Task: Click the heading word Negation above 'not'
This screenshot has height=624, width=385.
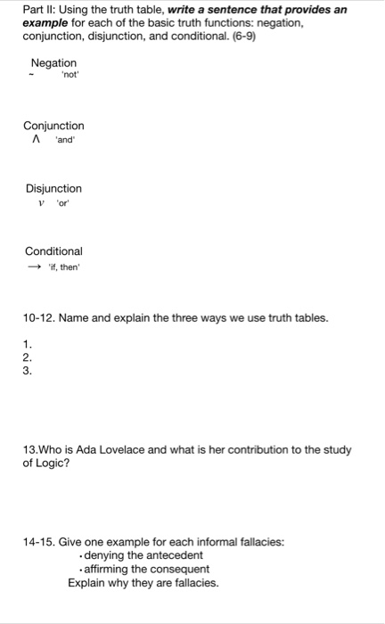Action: pyautogui.click(x=53, y=62)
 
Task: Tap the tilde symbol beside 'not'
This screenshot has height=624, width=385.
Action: pyautogui.click(x=32, y=76)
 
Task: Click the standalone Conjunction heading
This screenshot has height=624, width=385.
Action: pyautogui.click(x=53, y=126)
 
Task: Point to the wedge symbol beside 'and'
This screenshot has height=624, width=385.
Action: pyautogui.click(x=37, y=139)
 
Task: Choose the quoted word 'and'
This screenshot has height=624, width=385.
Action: pyautogui.click(x=65, y=139)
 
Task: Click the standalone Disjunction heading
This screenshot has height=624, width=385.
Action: pyautogui.click(x=53, y=188)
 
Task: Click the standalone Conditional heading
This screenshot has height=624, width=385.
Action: pyautogui.click(x=53, y=251)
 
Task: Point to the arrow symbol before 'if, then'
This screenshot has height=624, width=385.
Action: pyautogui.click(x=33, y=265)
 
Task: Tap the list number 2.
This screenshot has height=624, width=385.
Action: pyautogui.click(x=27, y=358)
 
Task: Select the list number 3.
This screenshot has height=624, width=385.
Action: pyautogui.click(x=27, y=371)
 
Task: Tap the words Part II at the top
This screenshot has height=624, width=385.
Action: pyautogui.click(x=38, y=9)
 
